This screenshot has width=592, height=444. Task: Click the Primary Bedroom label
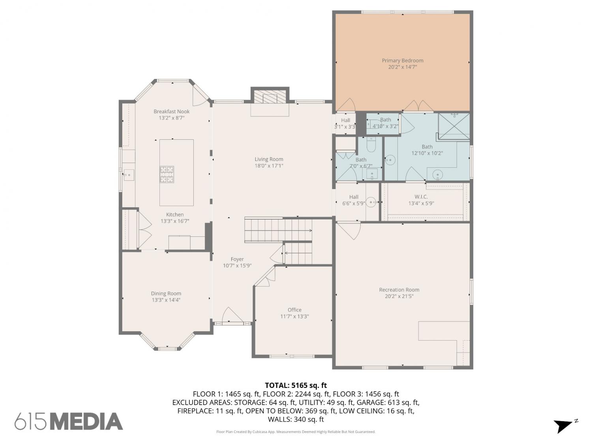(x=402, y=60)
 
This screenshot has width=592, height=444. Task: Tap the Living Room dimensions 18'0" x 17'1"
(x=269, y=166)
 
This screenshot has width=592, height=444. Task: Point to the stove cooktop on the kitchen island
(x=167, y=174)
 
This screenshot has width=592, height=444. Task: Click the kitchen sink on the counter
(x=129, y=175)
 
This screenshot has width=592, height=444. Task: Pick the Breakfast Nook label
(x=171, y=111)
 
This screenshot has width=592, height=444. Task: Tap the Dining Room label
(x=166, y=293)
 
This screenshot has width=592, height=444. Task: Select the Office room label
(x=294, y=310)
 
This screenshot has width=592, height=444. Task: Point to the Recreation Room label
(x=399, y=290)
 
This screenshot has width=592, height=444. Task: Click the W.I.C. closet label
(x=421, y=197)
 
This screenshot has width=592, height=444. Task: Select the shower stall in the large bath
(x=453, y=126)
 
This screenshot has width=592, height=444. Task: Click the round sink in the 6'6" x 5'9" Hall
(x=372, y=202)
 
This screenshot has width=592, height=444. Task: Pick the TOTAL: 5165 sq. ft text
(x=296, y=385)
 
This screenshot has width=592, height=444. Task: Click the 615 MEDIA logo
(x=69, y=421)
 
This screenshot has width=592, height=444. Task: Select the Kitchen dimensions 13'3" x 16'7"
(x=175, y=221)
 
